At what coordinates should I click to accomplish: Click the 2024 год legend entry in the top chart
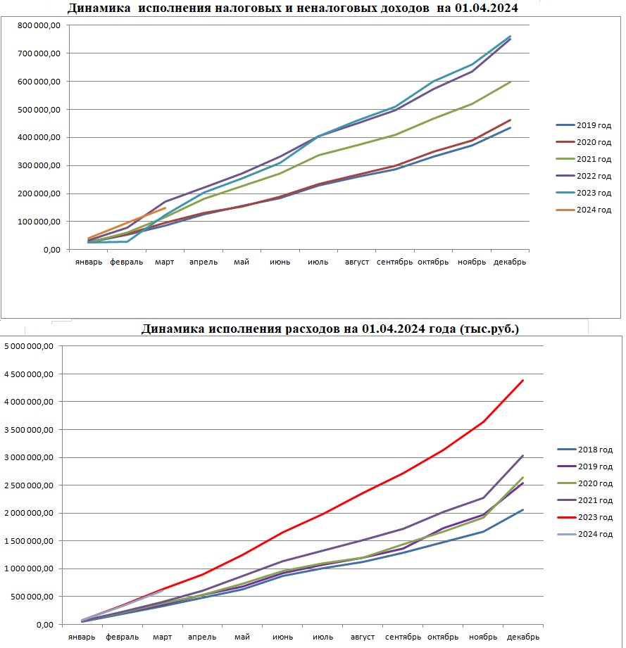pos(584,210)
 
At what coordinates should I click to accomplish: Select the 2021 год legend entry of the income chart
pos(584,159)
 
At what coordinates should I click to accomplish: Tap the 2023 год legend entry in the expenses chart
pos(584,517)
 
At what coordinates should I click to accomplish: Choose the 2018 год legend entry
pos(584,450)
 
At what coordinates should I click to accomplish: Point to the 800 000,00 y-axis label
pos(39,25)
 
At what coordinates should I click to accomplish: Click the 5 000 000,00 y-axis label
pos(29,346)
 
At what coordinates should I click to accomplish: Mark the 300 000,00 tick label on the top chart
pos(39,166)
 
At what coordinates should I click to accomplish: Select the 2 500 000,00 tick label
pos(29,485)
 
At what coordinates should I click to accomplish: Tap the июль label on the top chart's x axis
pos(318,262)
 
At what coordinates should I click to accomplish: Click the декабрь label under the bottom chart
pos(523,637)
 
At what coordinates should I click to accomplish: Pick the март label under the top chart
pos(165,262)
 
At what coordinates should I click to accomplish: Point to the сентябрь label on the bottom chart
pos(403,637)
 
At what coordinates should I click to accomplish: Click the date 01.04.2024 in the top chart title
pos(487,8)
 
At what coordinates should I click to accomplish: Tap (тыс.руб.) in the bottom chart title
pos(489,329)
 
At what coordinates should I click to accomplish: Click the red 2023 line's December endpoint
pos(523,380)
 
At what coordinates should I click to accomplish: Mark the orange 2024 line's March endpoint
pos(165,208)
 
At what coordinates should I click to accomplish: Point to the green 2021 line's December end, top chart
pos(511,82)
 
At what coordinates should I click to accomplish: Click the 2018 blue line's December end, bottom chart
pos(523,510)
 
